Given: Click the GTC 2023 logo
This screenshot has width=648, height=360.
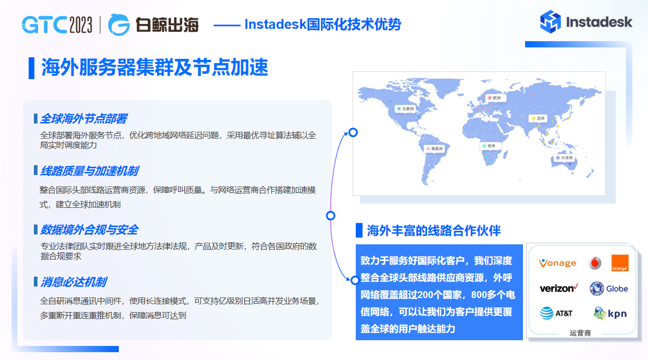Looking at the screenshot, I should coord(57,24).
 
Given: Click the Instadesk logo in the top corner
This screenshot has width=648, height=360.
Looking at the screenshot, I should coord(586,22).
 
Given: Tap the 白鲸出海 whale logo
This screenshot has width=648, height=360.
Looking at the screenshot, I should coord(154,24).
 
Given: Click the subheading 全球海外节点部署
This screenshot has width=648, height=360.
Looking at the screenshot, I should coord(83,119).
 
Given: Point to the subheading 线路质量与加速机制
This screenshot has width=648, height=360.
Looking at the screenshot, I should coord(89,171).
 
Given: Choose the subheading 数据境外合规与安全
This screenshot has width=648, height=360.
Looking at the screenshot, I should coord(89,230).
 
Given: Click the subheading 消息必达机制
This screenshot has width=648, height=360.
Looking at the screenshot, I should coord(73,282).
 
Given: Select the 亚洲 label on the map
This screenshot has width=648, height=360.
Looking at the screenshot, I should coord(539,118).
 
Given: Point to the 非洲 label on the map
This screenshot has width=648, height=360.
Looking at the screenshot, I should coord(489,146).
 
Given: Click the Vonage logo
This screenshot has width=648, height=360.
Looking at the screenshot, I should coord(557,263).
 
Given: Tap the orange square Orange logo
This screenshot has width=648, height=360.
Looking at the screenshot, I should coord(619,263).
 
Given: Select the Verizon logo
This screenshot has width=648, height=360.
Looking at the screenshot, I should coord(558,288).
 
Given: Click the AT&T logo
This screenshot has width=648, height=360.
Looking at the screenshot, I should coord(556,313).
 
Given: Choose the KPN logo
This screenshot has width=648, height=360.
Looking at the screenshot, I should coord(610,313).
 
